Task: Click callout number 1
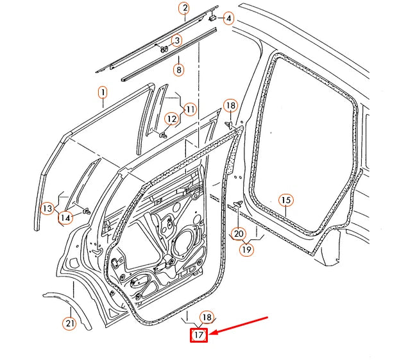tap(101, 94)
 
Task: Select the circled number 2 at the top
tap(184, 8)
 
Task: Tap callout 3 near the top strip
tap(177, 40)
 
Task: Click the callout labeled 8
tap(178, 69)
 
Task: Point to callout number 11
tap(190, 110)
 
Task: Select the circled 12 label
tap(171, 119)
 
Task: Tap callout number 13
tap(47, 208)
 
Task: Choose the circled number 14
tap(65, 218)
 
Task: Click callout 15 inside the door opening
tap(286, 201)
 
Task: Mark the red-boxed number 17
tap(198, 334)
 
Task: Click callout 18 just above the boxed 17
tap(206, 317)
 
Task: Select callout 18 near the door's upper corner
tap(230, 105)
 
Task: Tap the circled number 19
tap(247, 249)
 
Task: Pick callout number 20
tap(238, 234)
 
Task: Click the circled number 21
tap(69, 323)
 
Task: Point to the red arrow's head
tap(214, 333)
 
